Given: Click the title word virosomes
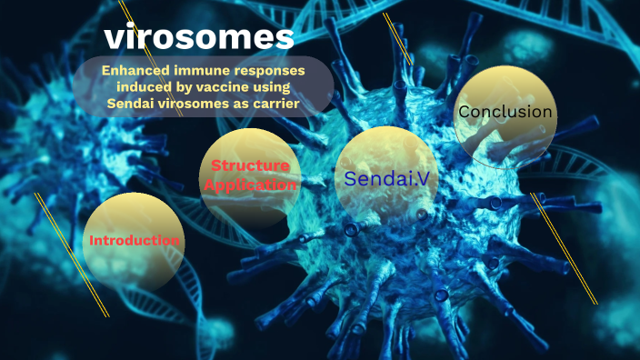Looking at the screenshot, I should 199,37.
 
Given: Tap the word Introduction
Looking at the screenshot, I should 134,241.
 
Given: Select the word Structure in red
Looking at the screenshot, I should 250,166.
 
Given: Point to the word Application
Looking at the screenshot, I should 250,185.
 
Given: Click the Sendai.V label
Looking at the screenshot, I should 385,178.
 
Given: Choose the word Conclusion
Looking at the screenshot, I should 505,112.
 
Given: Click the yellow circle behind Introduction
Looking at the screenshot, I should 128,264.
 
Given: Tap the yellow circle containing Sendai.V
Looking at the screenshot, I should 385,205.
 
